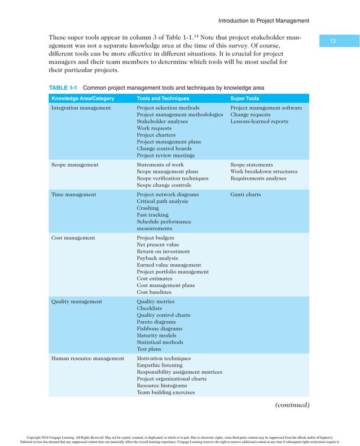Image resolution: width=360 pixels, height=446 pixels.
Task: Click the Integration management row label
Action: [81, 108]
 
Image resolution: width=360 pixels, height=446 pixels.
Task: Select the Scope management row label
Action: [74, 165]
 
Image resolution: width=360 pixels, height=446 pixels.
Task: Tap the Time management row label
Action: [73, 195]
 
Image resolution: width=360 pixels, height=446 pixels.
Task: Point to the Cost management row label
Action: [73, 238]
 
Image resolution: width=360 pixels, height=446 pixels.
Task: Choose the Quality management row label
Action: [77, 301]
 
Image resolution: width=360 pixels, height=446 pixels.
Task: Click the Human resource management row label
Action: [87, 358]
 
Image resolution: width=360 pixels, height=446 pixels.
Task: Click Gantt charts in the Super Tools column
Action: [245, 195]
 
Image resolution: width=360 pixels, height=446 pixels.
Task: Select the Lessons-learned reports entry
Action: [259, 121]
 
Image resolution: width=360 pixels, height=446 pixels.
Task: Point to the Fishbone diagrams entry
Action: [159, 329]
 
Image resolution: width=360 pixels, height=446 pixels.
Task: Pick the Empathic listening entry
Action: [160, 365]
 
